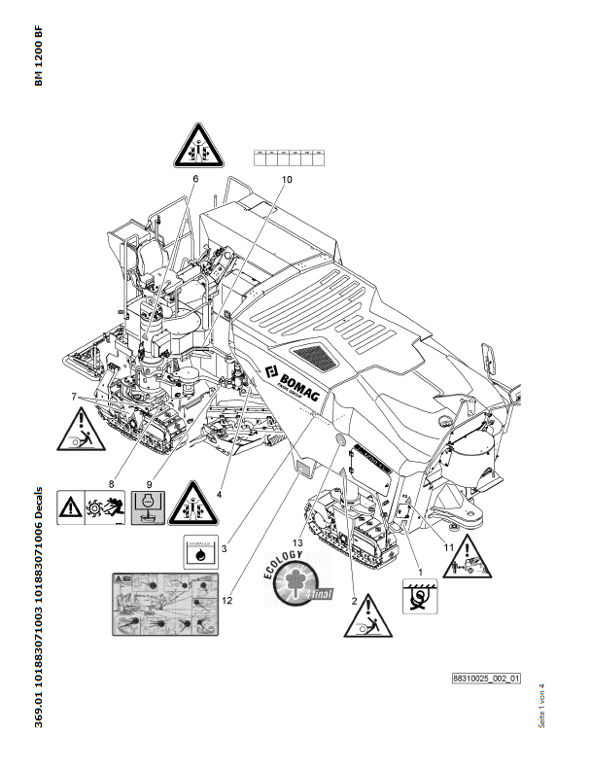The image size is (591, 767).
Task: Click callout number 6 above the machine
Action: (x=194, y=179)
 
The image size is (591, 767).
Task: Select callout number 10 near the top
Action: (x=286, y=180)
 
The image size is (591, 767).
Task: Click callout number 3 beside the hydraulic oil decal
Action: (x=224, y=549)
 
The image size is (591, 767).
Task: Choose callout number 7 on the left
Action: (x=72, y=397)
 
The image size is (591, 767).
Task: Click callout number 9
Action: (x=149, y=483)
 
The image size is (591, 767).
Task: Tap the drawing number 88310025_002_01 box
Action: (x=487, y=678)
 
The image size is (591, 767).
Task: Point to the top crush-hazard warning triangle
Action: (x=197, y=146)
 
